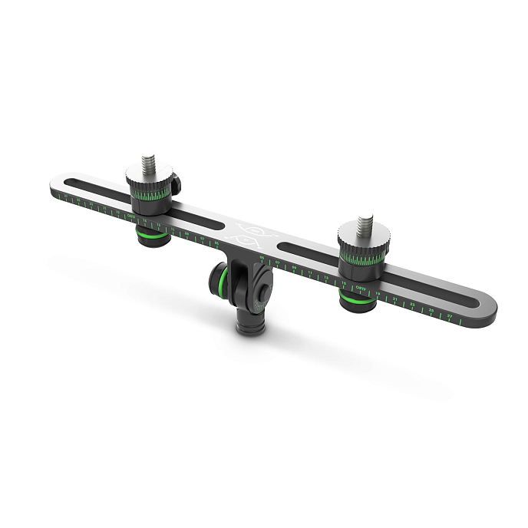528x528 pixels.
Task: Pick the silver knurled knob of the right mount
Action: pos(360,246)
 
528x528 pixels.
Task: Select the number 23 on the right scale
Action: pos(413,305)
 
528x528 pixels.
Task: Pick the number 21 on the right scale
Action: pos(395,299)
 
